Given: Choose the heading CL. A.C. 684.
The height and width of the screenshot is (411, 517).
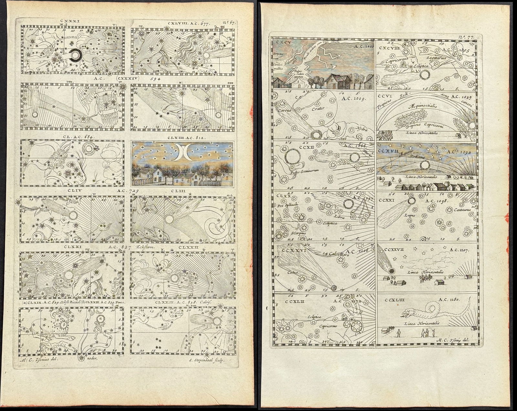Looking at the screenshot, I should [x=75, y=137].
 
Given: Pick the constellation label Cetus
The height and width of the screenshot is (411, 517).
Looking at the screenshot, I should [x=292, y=272].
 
